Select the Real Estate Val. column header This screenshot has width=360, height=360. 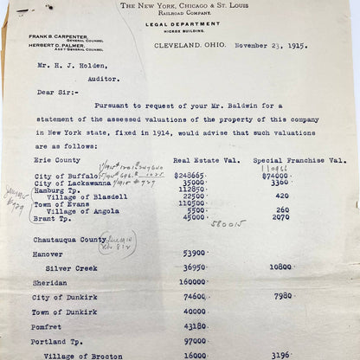[x=204, y=160]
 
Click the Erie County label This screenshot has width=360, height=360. [x=54, y=160]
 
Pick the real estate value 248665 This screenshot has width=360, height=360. [x=190, y=175]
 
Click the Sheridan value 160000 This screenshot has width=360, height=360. [x=192, y=281]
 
